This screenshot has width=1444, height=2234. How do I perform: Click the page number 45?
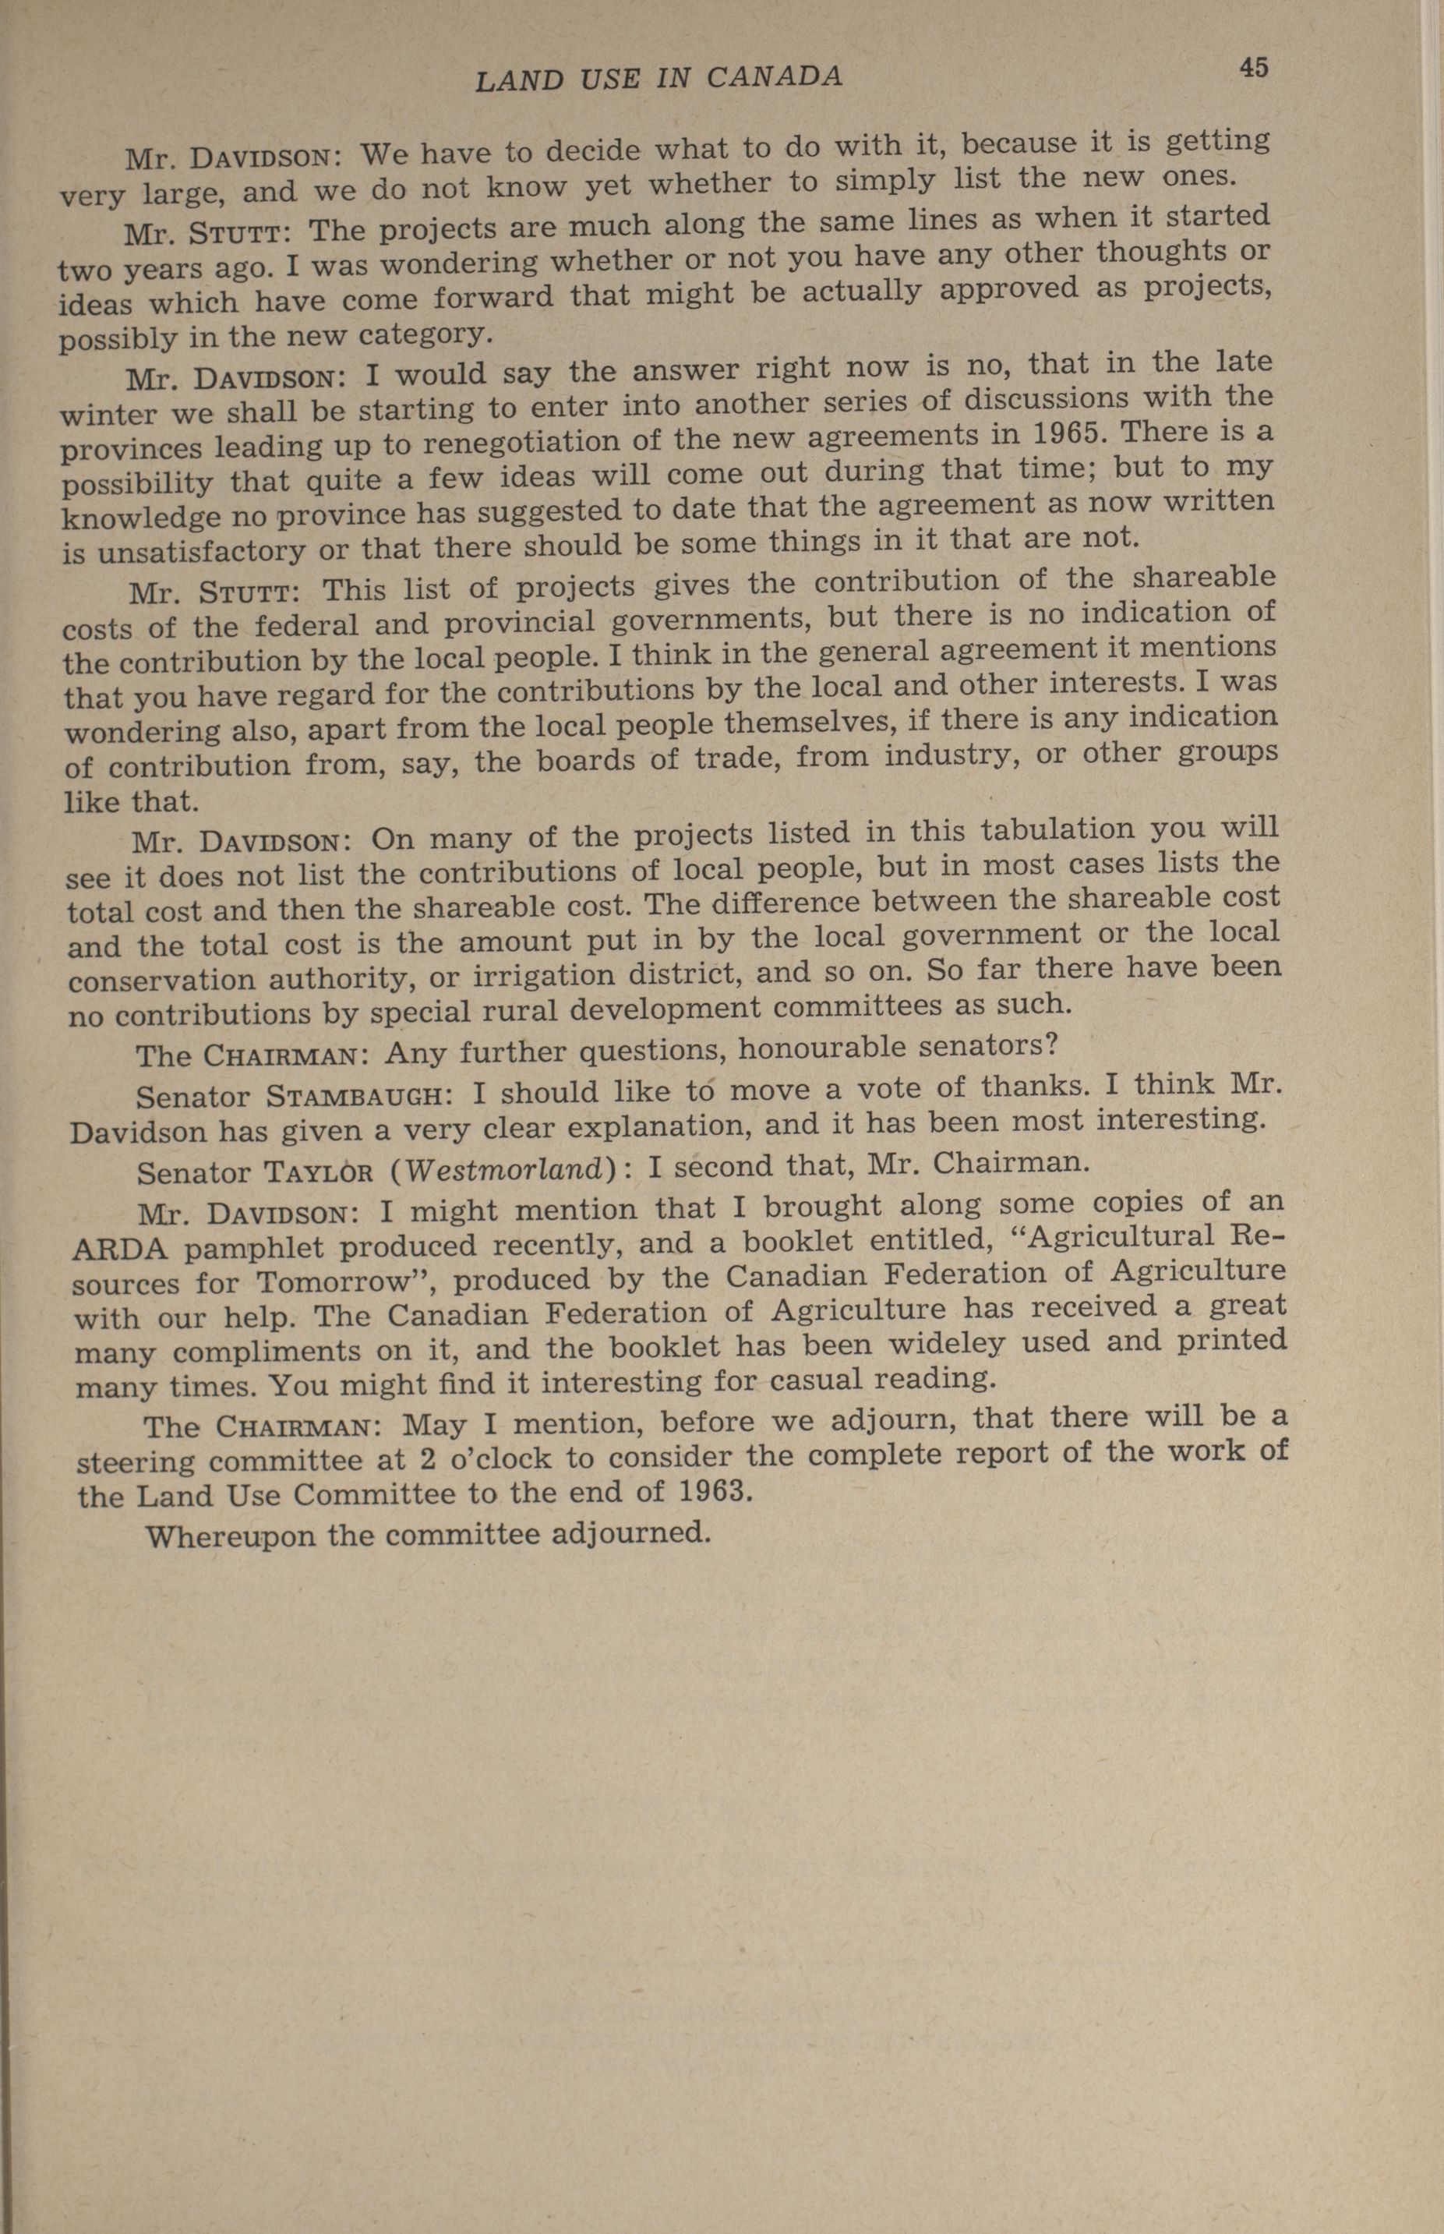[x=1253, y=68]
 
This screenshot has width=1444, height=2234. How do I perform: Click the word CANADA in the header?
[x=774, y=77]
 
